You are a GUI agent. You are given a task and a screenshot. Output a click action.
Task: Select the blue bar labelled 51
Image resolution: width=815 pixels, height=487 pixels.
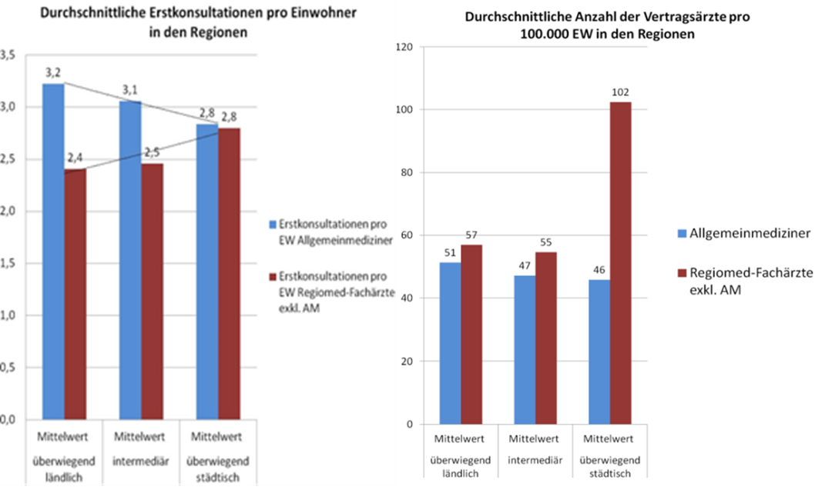(450, 343)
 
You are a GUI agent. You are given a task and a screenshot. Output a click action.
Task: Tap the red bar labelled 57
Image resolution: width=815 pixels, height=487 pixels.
(471, 334)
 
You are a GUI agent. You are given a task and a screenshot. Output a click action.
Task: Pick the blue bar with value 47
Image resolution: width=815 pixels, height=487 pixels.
(525, 350)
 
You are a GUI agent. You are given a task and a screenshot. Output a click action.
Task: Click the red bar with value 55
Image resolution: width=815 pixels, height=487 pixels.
(546, 338)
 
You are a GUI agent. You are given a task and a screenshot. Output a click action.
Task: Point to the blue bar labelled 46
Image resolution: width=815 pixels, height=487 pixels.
(599, 352)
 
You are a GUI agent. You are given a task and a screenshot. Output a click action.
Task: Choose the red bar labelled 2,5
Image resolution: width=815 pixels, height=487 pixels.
(152, 292)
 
